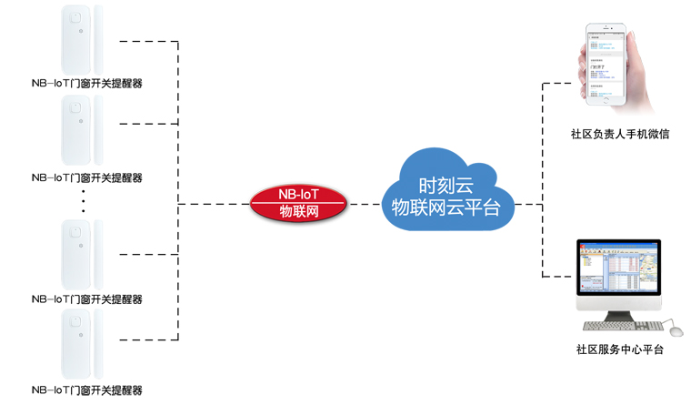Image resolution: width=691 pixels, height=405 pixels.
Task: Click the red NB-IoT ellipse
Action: [x=297, y=203]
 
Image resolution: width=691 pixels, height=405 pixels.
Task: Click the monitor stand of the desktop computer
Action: [x=618, y=314]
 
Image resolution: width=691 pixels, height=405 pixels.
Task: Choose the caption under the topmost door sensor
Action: [x=86, y=84]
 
